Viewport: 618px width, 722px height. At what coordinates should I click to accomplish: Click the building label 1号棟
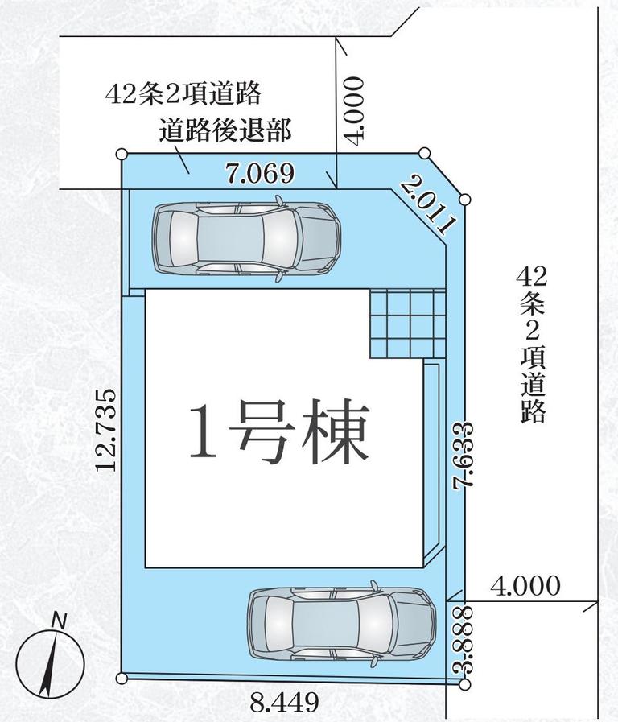[279, 431]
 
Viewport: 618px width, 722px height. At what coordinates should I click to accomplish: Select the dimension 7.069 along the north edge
[260, 173]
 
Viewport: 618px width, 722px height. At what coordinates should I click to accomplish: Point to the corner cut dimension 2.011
[428, 205]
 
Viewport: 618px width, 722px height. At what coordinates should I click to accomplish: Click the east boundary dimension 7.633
[463, 456]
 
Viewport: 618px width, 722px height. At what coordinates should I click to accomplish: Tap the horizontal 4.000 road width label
[525, 586]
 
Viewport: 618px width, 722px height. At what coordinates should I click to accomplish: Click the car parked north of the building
[247, 238]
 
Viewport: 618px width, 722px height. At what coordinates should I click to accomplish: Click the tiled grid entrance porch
[408, 323]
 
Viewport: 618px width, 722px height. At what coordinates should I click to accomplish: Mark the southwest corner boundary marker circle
[122, 678]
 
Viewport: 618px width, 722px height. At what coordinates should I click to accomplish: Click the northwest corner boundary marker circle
[122, 154]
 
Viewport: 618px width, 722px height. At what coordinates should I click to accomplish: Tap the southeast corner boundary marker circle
[465, 685]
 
